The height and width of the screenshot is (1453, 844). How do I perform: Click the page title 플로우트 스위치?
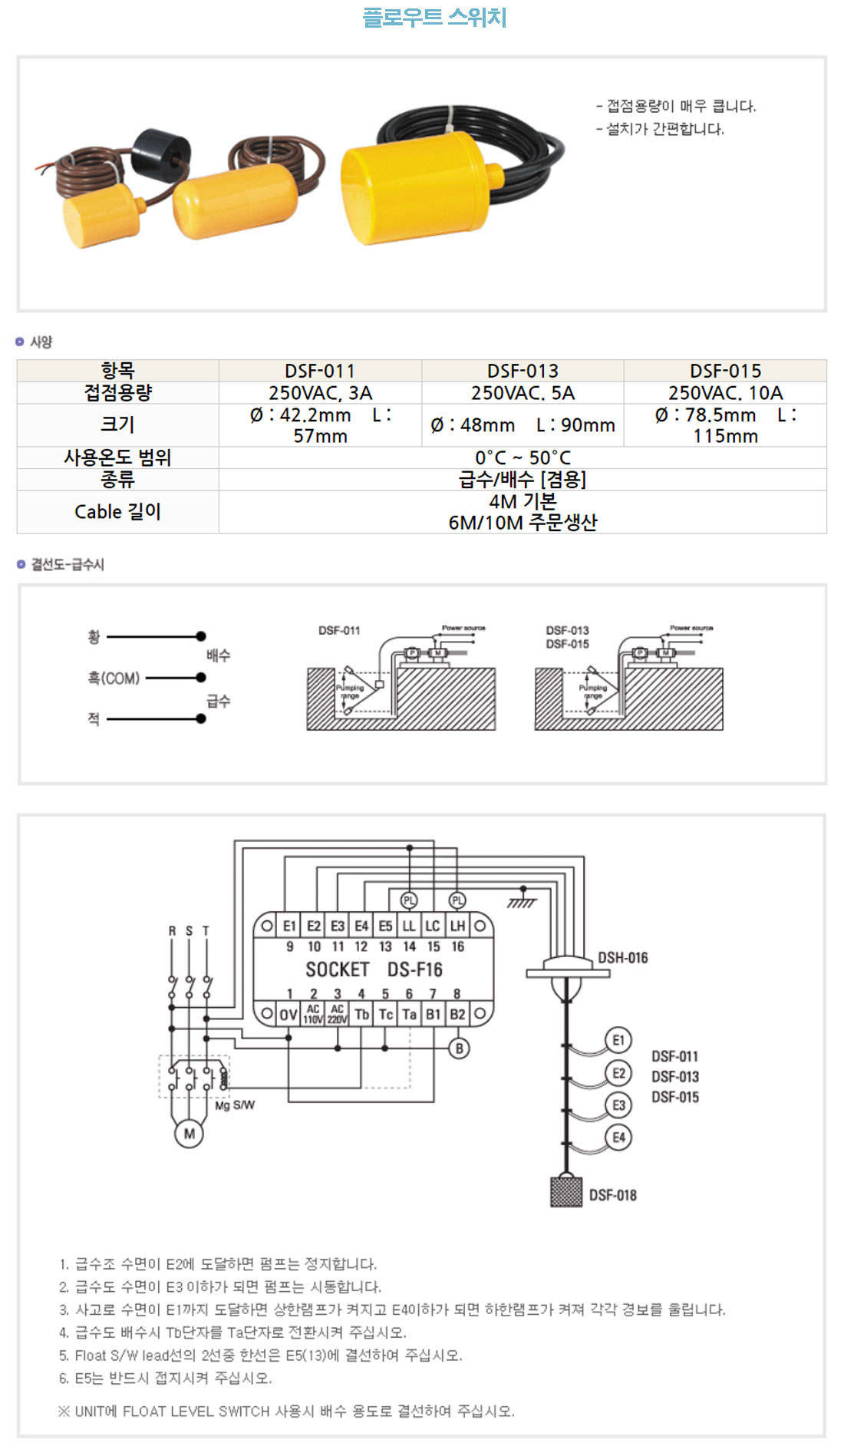point(434,17)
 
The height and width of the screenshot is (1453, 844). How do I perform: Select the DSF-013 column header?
point(523,371)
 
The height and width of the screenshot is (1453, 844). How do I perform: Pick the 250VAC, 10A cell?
point(725,393)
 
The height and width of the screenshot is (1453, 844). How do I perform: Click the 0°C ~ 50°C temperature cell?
point(523,457)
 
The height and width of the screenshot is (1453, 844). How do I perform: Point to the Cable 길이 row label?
point(117,512)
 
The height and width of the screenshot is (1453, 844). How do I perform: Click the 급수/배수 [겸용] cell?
point(523,480)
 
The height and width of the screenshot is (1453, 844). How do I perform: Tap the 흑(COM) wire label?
point(114,679)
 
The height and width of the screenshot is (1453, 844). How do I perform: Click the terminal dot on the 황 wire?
point(201,636)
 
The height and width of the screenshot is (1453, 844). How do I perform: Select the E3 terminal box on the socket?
point(338,926)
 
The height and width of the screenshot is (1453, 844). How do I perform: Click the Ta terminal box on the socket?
point(410,1014)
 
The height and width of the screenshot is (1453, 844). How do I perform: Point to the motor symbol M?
point(189,1134)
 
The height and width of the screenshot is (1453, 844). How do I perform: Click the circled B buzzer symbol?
point(459,1048)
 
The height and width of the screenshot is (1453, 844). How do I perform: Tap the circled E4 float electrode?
point(618,1137)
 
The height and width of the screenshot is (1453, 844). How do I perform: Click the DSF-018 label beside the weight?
point(612,1195)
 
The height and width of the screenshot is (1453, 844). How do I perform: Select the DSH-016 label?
point(622,958)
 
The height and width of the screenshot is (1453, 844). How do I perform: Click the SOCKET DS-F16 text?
point(374,969)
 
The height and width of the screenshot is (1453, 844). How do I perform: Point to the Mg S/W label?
point(235,1105)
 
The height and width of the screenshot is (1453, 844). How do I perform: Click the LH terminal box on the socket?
point(457,926)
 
